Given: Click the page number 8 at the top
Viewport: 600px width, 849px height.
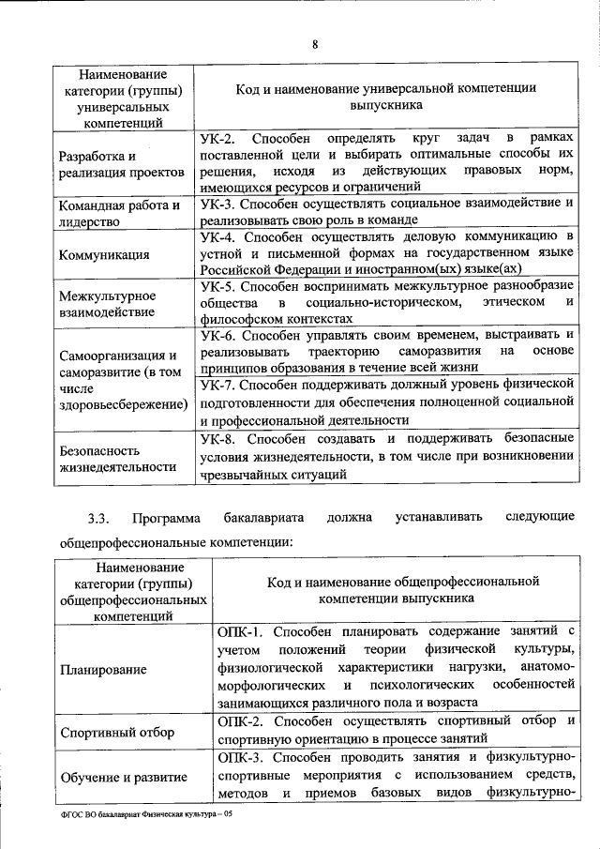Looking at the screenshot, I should click(x=314, y=41).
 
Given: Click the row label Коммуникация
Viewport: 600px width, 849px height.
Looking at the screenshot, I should click(x=103, y=253).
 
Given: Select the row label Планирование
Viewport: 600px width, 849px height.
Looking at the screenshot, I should click(x=103, y=669).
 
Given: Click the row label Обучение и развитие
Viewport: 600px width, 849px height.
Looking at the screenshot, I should click(x=122, y=777).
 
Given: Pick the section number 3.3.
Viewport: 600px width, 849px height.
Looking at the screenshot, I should click(x=99, y=517).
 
